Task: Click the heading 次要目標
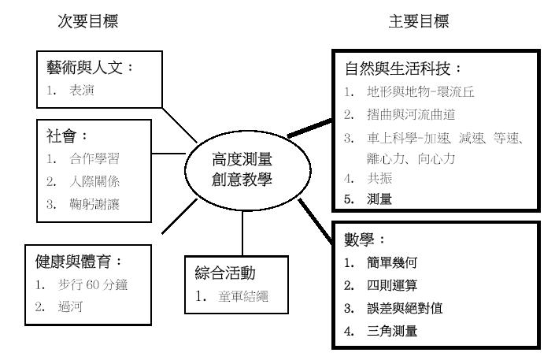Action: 88,21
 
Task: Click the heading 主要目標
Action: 419,21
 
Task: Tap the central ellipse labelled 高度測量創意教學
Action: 248,132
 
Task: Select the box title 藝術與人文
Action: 84,67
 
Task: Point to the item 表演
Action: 82,91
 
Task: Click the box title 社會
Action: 61,136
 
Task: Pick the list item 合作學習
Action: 94,159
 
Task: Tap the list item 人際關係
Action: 94,181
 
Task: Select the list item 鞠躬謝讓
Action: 94,204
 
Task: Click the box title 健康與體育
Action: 73,262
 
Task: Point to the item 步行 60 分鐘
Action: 93,284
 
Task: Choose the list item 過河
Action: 70,306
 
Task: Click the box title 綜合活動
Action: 225,273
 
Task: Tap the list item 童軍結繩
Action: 243,296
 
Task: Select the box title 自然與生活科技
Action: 398,69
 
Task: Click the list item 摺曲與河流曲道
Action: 411,114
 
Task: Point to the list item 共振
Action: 379,178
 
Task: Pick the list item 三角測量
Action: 392,332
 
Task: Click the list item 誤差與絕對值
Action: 405,308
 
